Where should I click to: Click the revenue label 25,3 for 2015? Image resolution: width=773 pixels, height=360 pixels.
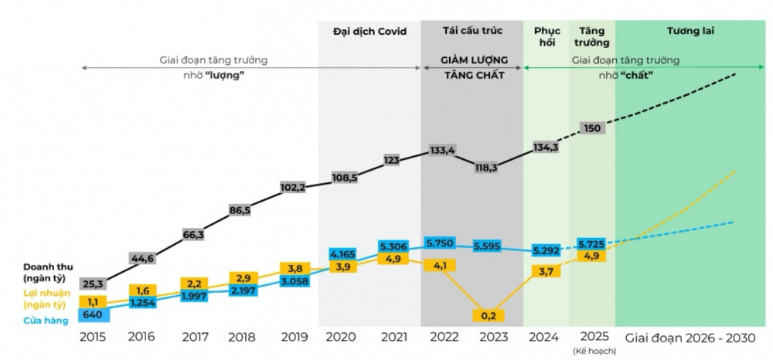(93, 285)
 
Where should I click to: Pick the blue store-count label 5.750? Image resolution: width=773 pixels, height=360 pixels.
(441, 242)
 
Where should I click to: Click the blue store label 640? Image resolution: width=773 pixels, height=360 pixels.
(93, 314)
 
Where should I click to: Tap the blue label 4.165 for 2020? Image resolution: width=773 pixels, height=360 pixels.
(341, 253)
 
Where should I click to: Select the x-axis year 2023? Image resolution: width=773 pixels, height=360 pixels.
(493, 338)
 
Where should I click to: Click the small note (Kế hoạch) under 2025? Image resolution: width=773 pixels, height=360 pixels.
(591, 352)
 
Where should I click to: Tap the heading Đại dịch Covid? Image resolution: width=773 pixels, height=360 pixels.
(369, 32)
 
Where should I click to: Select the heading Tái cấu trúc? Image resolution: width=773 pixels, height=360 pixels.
(472, 32)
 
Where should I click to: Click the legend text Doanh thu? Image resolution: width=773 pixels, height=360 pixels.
(48, 267)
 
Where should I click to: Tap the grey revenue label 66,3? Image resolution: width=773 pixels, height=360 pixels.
(193, 234)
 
